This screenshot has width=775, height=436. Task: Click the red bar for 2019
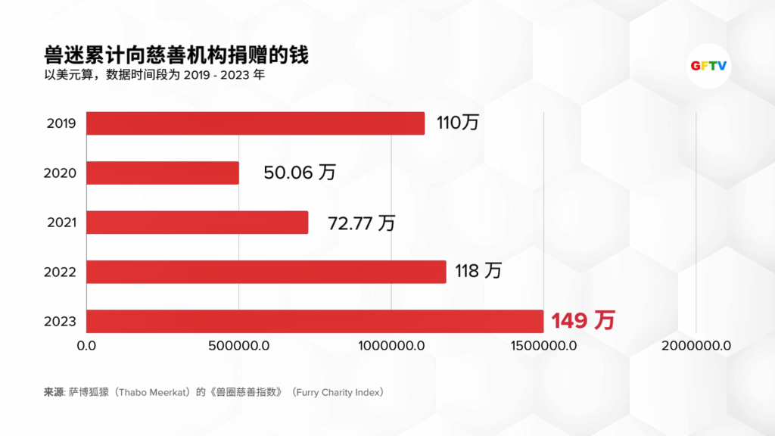255,123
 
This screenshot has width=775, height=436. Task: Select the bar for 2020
163,173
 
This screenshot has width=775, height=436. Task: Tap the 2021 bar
197,223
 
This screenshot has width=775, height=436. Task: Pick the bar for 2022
266,272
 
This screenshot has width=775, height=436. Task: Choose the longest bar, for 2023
315,321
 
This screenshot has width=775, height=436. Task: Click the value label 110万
458,123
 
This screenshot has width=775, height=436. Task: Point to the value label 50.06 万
300,173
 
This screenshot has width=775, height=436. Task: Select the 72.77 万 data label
361,223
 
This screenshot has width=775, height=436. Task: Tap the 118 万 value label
478,271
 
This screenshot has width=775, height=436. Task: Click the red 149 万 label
582,321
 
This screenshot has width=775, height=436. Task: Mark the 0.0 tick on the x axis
87,346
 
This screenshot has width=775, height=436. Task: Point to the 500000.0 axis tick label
239,346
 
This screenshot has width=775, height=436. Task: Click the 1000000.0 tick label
391,346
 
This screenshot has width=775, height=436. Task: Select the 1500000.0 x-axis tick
543,346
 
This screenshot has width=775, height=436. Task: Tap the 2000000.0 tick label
696,346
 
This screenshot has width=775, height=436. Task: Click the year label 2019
61,123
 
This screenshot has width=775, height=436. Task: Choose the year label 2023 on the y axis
61,322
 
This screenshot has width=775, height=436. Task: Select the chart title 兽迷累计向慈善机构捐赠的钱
176,56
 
